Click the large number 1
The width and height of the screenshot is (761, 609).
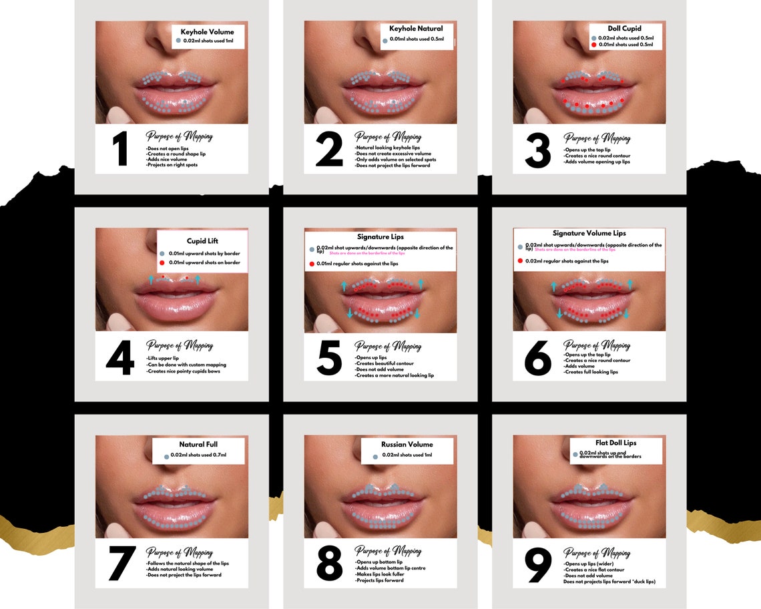[x=121, y=150]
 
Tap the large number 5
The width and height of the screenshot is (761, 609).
[x=329, y=358]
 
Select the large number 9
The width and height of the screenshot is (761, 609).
[x=538, y=566]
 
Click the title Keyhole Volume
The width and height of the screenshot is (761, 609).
[x=207, y=31]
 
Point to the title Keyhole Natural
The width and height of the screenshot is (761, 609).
[x=416, y=29]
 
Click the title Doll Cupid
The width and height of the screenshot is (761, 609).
[x=625, y=29]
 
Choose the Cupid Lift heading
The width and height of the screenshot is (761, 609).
[x=202, y=241]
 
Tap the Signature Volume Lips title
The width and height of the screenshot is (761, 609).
[x=589, y=234]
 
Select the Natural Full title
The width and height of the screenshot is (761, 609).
[x=198, y=444]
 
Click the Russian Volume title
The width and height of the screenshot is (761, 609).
[x=407, y=444]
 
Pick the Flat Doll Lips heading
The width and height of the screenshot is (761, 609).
[x=615, y=443]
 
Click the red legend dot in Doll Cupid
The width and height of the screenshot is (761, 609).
[x=594, y=45]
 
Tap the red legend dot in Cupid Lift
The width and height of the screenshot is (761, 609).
[x=162, y=263]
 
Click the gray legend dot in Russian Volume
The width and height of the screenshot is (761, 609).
[x=375, y=456]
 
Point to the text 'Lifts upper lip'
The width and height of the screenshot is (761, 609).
[x=163, y=358]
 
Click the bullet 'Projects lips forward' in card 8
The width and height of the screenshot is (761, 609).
[x=380, y=580]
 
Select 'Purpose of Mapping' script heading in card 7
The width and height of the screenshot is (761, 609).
[x=179, y=552]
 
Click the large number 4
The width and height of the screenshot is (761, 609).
[x=120, y=358]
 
